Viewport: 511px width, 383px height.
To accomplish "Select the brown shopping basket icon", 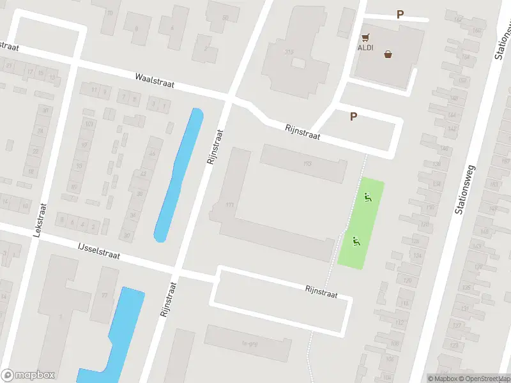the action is [388, 54].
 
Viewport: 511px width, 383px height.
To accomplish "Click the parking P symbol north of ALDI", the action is [400, 15].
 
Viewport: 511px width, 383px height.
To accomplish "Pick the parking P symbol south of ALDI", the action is [353, 116].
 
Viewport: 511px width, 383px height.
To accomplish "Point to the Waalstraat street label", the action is [155, 80].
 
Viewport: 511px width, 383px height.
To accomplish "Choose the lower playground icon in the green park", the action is [356, 241].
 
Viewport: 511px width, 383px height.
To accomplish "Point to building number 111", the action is [231, 205].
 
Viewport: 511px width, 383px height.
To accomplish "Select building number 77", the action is [103, 295].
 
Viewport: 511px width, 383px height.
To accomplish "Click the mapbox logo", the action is [28, 375].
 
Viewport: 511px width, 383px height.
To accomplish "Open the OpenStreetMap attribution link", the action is [484, 379].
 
